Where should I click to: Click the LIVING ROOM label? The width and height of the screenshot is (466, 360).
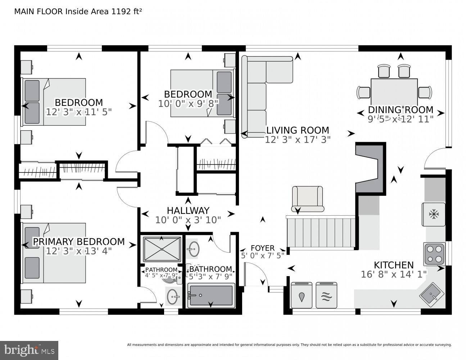point(297,130)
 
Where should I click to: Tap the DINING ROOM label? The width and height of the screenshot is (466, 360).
point(400,109)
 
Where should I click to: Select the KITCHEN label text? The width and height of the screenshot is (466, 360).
point(394,265)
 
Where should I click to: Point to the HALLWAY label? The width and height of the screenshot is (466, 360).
point(188,211)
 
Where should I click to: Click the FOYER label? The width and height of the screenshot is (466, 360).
point(262,248)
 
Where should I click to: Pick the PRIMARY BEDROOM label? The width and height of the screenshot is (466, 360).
point(79,242)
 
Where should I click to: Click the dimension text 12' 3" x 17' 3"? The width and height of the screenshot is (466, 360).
point(297,140)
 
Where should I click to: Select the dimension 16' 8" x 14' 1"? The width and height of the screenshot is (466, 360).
point(394,274)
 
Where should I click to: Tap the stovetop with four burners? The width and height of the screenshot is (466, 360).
point(434,254)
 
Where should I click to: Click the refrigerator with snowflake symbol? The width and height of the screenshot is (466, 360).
point(434,215)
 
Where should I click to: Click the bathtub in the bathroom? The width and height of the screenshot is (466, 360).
point(211,296)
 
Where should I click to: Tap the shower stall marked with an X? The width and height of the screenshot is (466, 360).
point(162,249)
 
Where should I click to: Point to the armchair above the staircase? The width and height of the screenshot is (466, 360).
point(307,198)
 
